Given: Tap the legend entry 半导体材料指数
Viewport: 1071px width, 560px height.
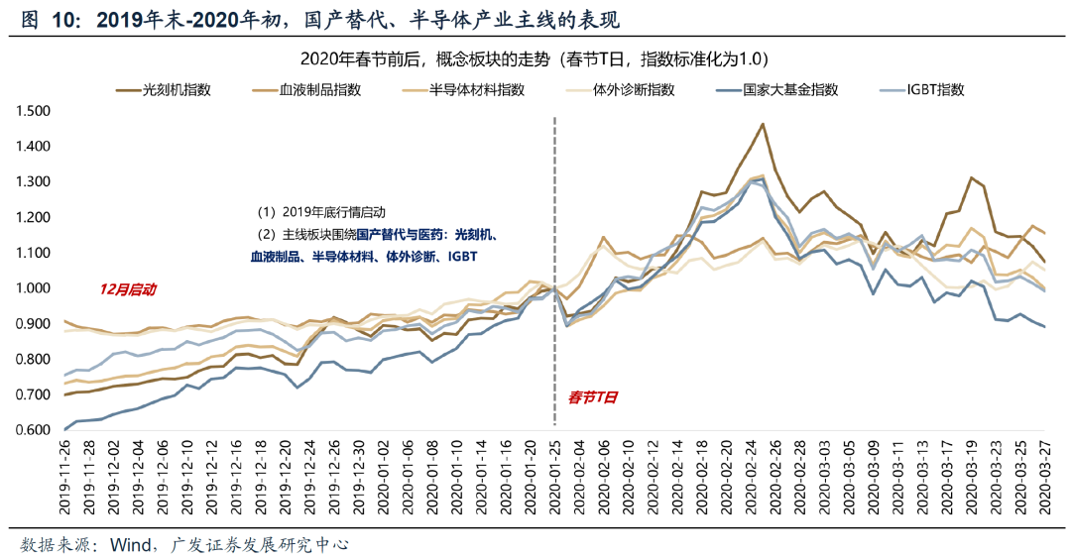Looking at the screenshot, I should pyautogui.click(x=476, y=89).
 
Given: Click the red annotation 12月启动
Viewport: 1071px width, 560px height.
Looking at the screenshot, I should pyautogui.click(x=127, y=289).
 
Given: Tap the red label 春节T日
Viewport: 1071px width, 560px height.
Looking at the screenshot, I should pyautogui.click(x=593, y=396).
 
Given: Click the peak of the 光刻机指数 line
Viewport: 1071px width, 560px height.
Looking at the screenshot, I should pyautogui.click(x=762, y=124).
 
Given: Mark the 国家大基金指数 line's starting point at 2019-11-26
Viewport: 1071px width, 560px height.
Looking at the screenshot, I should pyautogui.click(x=65, y=429).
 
